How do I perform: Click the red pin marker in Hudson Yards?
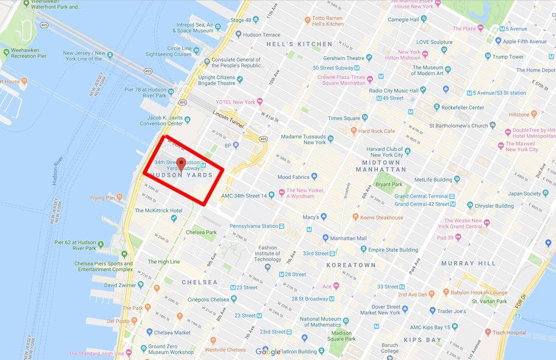181,164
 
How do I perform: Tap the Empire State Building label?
393,250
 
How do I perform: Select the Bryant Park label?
389,184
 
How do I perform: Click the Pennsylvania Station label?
254,226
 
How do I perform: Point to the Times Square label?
344,118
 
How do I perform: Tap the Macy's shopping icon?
324,217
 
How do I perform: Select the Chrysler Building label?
497,206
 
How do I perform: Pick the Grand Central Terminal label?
421,196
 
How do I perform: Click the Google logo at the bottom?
268,351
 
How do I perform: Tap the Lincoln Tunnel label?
229,118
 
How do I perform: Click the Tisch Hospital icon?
488,332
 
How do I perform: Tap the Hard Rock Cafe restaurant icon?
354,131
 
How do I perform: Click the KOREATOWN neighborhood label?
351,266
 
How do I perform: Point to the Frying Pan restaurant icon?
120,198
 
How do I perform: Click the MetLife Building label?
433,180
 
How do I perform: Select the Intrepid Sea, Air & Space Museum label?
195,28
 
